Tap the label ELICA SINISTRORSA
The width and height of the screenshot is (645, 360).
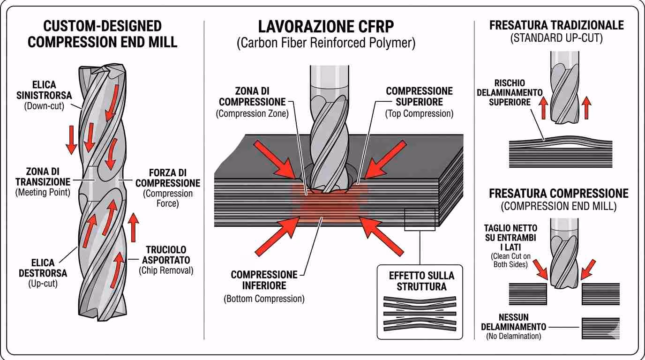click(x=45, y=90)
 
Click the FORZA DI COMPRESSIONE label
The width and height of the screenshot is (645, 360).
click(x=167, y=178)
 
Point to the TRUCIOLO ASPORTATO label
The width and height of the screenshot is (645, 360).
click(x=166, y=255)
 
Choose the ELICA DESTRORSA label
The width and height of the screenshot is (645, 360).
click(x=43, y=268)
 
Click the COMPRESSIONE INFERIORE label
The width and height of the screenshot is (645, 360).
click(x=264, y=279)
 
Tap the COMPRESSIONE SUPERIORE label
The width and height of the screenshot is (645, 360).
click(x=419, y=96)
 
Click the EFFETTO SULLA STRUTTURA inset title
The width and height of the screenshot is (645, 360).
click(x=420, y=281)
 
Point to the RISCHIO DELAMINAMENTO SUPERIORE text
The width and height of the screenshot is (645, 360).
click(x=509, y=92)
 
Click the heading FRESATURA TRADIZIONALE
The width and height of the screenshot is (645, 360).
click(x=556, y=25)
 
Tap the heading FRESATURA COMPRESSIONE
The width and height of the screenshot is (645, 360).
click(x=558, y=194)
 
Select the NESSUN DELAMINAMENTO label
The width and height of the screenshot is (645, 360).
click(x=513, y=322)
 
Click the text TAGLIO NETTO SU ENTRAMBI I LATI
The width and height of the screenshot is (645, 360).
click(x=510, y=238)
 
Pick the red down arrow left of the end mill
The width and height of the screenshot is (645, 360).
click(x=71, y=139)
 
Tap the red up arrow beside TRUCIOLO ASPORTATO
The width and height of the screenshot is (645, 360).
click(x=134, y=227)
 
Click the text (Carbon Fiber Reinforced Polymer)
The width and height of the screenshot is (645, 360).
click(x=326, y=44)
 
